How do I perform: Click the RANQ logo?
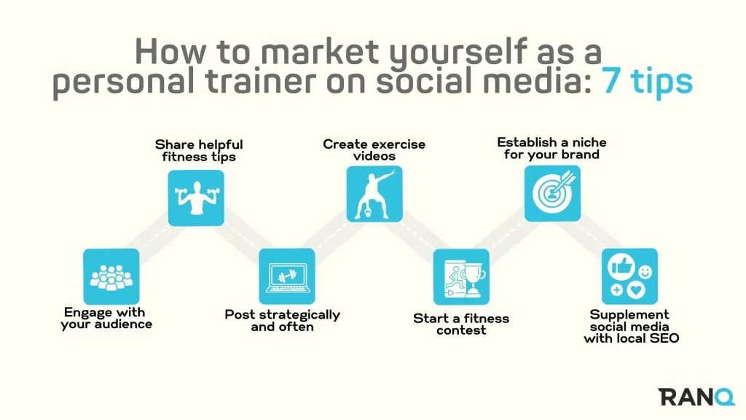point(696,397)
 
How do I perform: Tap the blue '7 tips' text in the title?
point(648,82)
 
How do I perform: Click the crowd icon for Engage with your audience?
point(111,276)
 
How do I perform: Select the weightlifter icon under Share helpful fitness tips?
point(196,198)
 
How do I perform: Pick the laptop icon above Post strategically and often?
point(287,276)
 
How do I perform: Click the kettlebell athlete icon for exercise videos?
point(374,194)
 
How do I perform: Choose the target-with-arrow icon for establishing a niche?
point(552,193)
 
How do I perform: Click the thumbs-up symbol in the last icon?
point(621,266)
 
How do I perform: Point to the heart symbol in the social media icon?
point(635,289)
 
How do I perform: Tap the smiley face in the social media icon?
point(645,272)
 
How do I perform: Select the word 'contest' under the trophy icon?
point(461,330)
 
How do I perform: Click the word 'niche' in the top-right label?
point(589,142)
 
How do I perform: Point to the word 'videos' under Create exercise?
point(374,156)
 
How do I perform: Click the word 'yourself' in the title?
point(458,52)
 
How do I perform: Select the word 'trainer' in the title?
point(261,81)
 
